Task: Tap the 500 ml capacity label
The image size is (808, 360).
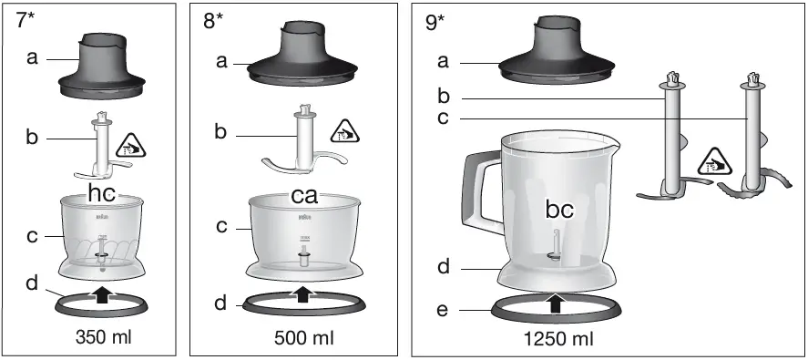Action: coord(303,336)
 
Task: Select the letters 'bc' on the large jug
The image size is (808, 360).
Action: coord(559,209)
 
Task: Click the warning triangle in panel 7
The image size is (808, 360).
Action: coord(133,143)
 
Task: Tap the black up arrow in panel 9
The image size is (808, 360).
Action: coord(552,302)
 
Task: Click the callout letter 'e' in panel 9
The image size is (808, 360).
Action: coord(444,310)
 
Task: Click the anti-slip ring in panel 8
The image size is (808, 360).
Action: coord(242,304)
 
